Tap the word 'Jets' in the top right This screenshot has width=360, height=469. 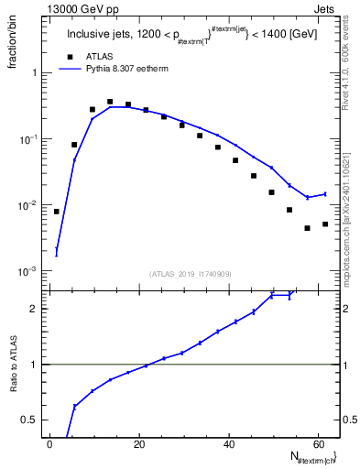coord(326,7)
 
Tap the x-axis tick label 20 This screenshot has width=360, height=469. coord(139,445)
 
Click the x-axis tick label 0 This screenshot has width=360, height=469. coord(49,445)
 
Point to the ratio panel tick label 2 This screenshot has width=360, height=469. coord(35,309)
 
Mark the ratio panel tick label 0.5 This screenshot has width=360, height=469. coord(31,420)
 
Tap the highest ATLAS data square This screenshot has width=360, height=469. coord(110,102)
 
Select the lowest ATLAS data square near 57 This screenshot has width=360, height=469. coord(307,228)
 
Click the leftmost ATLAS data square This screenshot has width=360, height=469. coord(57,212)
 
